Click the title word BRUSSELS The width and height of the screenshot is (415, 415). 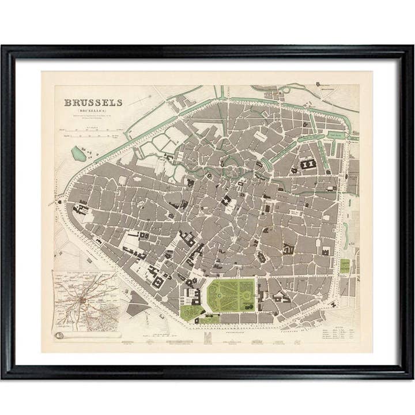click(x=93, y=103)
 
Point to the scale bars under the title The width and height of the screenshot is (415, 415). click(x=92, y=132)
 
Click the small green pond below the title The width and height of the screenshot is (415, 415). click(x=77, y=153)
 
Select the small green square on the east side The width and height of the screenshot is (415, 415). click(x=345, y=266)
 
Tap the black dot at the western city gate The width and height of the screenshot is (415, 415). click(x=58, y=201)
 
